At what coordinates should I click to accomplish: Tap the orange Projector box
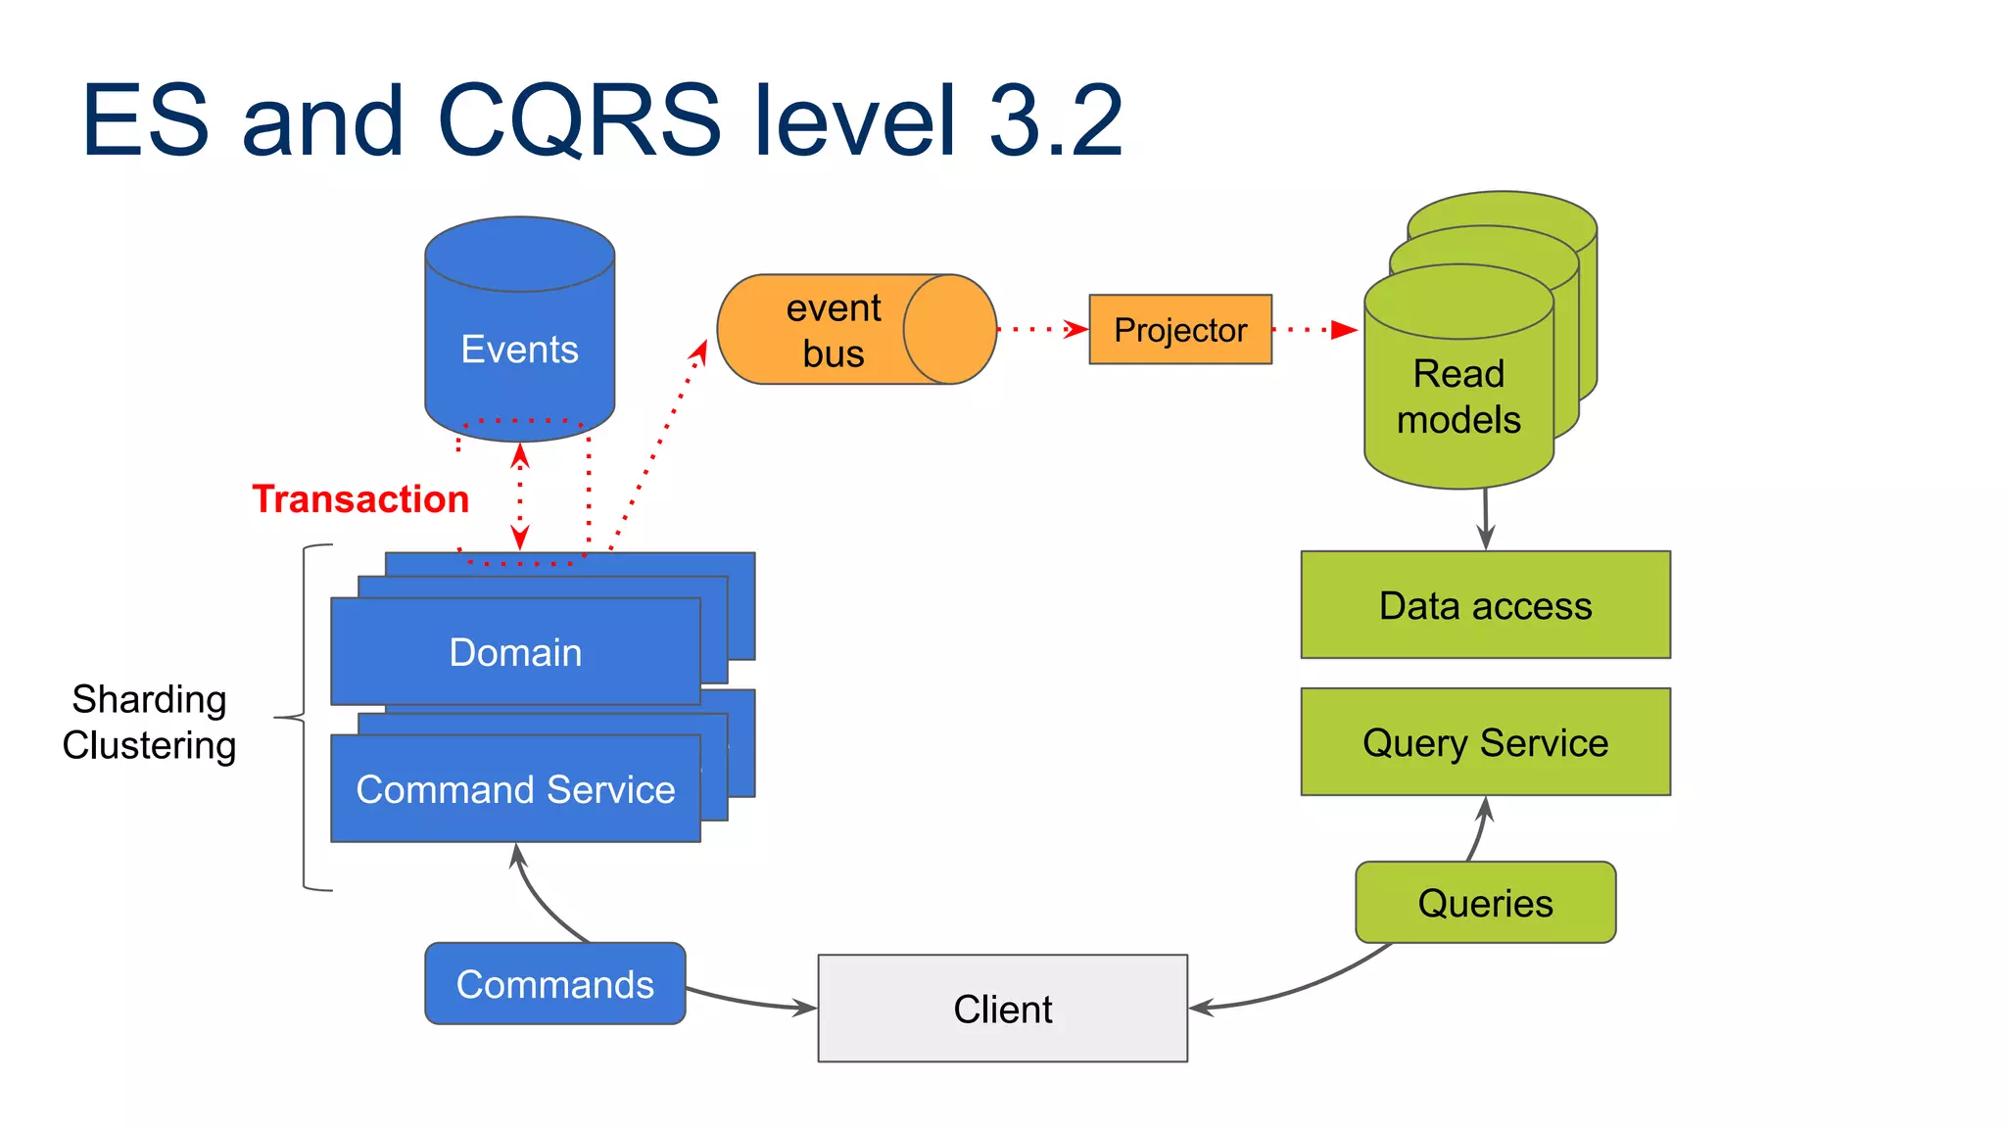[1180, 330]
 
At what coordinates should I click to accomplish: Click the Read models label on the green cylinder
[1458, 397]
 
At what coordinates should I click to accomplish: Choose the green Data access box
[1485, 605]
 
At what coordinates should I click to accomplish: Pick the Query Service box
[1485, 742]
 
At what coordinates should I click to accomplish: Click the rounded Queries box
[1485, 903]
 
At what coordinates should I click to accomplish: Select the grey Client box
[1002, 1009]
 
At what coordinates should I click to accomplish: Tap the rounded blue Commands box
[554, 984]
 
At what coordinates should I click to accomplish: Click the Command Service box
[515, 789]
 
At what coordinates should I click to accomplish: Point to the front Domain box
[515, 652]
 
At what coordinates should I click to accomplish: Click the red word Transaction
[360, 499]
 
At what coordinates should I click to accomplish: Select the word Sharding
[149, 699]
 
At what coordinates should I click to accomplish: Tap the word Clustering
[149, 745]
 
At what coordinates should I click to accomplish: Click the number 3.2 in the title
[1056, 121]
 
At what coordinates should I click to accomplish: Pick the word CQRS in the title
[580, 121]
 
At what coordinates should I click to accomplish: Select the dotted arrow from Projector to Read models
[1313, 330]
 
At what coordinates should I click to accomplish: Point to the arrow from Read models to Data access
[1486, 519]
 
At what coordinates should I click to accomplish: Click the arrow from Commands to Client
[749, 1001]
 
